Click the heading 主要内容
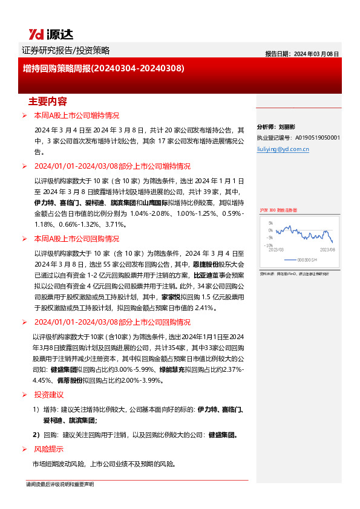point(48,100)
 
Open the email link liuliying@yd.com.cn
point(283,147)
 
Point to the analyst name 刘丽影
point(286,128)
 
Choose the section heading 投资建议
point(49,394)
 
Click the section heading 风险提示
point(49,449)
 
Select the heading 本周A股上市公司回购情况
point(76,239)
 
